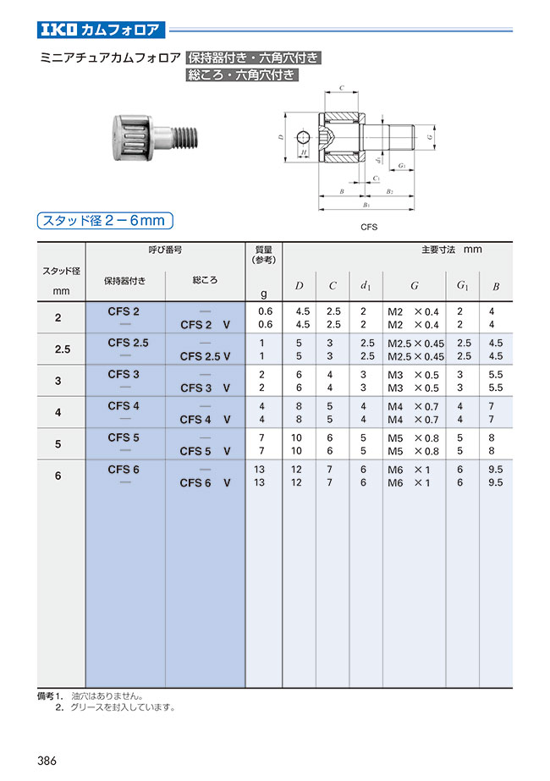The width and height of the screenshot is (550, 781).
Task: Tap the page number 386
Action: pyautogui.click(x=47, y=761)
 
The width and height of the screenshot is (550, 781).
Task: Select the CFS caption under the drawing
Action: pyautogui.click(x=368, y=228)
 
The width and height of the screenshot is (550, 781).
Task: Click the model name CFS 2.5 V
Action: pyautogui.click(x=205, y=356)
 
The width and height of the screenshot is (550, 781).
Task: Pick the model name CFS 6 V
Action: pyautogui.click(x=205, y=483)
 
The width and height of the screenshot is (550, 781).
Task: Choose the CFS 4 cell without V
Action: pyautogui.click(x=124, y=406)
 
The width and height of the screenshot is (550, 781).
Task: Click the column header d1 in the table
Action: pyautogui.click(x=366, y=286)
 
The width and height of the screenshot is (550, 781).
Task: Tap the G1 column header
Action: pyautogui.click(x=463, y=286)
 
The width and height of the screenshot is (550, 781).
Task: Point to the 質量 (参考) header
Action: pyautogui.click(x=263, y=255)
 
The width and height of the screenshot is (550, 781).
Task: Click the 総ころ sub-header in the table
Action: pyautogui.click(x=205, y=279)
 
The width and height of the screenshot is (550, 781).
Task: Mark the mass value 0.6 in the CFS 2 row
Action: pyautogui.click(x=264, y=311)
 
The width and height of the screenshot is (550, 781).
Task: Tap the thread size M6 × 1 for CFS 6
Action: pyautogui.click(x=410, y=470)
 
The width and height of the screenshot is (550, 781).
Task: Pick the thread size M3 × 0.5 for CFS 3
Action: pyautogui.click(x=413, y=375)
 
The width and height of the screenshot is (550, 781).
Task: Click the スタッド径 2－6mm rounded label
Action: pyautogui.click(x=104, y=221)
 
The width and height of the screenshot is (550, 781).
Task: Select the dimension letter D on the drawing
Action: pyautogui.click(x=280, y=135)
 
